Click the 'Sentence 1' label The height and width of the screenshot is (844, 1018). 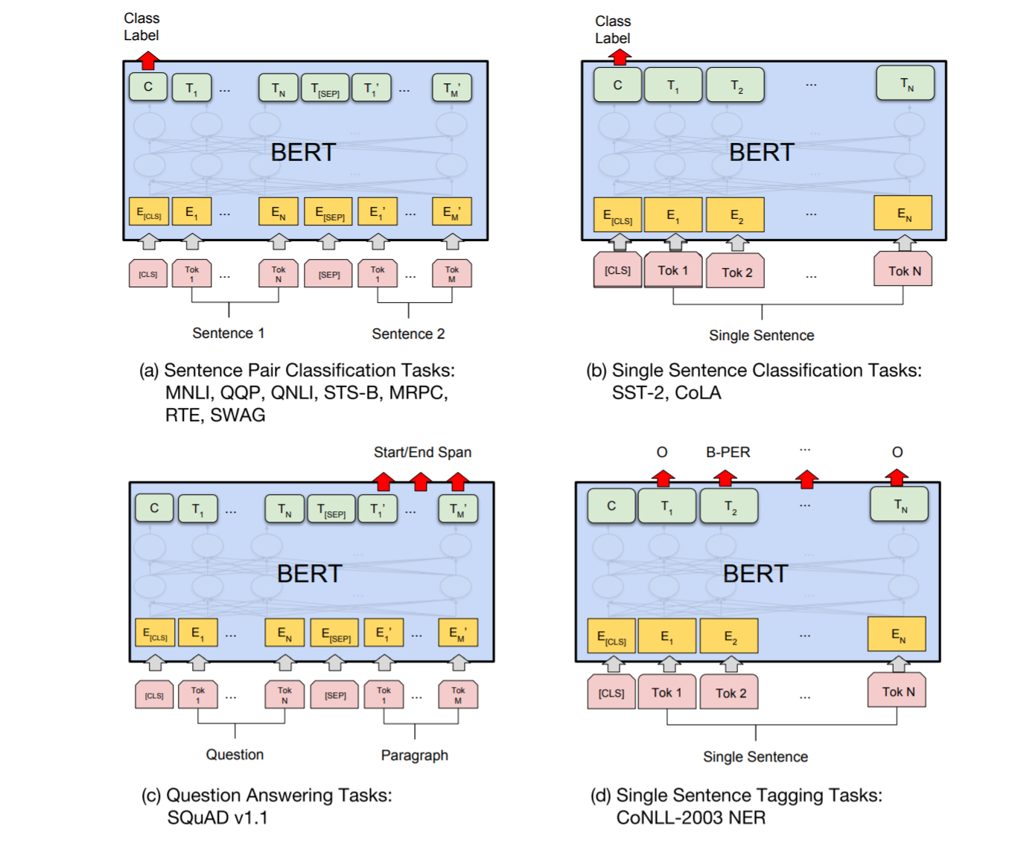pos(228,333)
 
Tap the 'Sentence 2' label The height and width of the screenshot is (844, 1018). pos(408,334)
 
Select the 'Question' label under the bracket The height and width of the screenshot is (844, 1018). pos(235,755)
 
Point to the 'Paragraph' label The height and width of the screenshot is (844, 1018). pos(414,755)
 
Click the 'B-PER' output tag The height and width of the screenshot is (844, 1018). pos(728,453)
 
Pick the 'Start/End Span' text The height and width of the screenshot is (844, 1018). pos(422,453)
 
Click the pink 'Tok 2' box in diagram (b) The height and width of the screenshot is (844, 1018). pos(737,272)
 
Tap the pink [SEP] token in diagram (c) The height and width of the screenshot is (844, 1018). pos(335,695)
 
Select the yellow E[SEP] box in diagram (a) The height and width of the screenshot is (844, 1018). pos(329,213)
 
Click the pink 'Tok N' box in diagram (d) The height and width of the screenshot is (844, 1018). pos(898,691)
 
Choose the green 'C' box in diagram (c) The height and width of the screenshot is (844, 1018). pos(154,508)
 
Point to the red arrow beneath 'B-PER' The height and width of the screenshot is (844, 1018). pos(725,478)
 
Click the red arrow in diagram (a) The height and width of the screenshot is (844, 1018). pos(148,60)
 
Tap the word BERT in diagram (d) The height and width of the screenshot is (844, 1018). pos(755,574)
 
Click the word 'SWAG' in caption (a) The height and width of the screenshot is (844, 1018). pos(238,415)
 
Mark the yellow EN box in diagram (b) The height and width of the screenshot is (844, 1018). pos(903,214)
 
